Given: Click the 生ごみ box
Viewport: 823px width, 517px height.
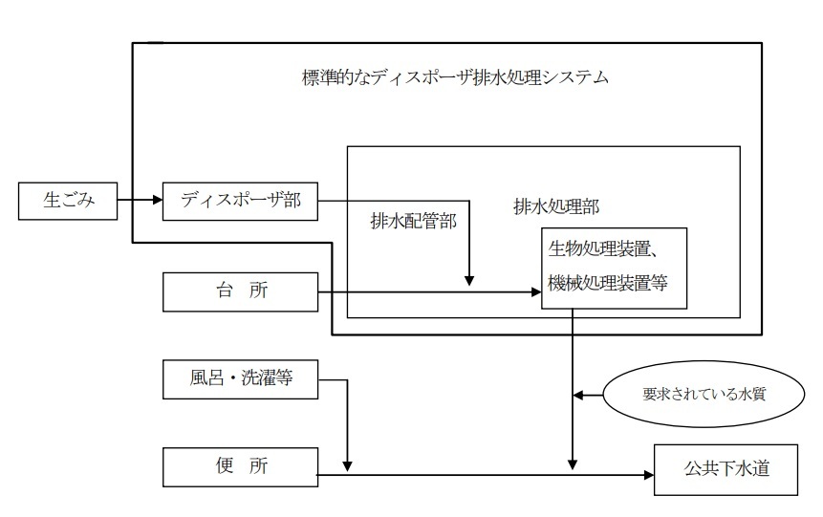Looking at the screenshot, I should [69, 202].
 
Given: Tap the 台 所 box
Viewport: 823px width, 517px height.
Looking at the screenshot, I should [239, 291].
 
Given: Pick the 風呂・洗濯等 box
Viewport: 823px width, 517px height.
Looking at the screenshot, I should [239, 378].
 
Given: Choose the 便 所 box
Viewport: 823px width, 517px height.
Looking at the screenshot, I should [239, 467].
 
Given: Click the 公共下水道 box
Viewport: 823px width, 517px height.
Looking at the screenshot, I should [726, 469].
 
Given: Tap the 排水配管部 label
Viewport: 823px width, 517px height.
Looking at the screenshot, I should [413, 222].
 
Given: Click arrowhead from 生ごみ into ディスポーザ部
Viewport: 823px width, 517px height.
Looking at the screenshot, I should [157, 202].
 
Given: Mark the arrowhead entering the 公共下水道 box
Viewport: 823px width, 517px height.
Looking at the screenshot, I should [647, 474].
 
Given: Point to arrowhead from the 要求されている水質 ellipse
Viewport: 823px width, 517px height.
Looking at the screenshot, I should [579, 394].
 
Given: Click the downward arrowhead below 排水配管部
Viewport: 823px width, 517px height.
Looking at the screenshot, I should [469, 280].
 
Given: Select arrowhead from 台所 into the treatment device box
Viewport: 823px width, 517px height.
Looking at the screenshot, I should [535, 291].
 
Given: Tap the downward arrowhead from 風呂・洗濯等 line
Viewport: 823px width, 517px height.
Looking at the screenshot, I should [347, 464].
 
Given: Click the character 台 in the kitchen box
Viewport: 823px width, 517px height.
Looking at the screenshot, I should [213, 291].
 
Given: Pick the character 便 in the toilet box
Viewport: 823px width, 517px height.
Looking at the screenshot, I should [213, 467].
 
